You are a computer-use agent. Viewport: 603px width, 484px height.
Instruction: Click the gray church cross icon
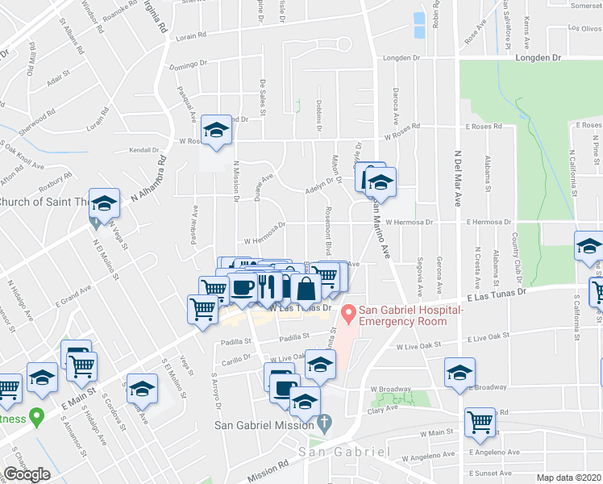pyautogui.click(x=324, y=423)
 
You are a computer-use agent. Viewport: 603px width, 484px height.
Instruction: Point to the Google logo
pyautogui.click(x=27, y=474)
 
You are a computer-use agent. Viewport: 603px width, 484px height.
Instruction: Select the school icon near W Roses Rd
pyautogui.click(x=215, y=131)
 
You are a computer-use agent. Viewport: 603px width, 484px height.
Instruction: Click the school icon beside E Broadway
pyautogui.click(x=460, y=373)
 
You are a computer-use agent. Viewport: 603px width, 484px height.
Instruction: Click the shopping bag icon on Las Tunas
pyautogui.click(x=306, y=288)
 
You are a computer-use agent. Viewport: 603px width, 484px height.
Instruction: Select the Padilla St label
pyautogui.click(x=294, y=338)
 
